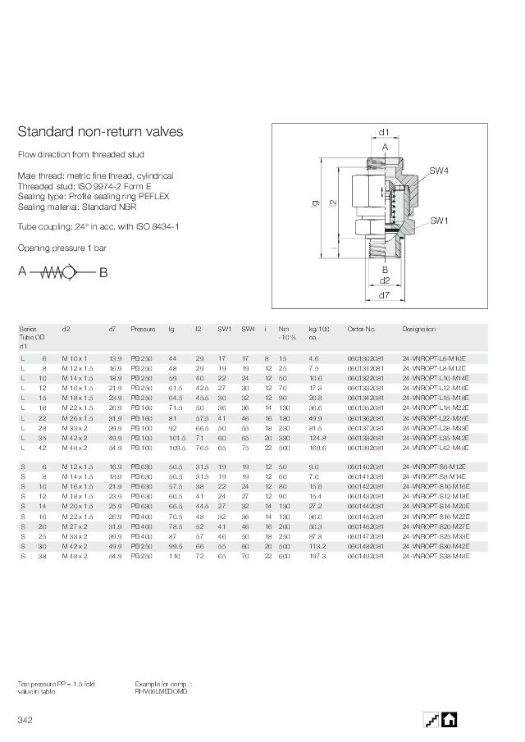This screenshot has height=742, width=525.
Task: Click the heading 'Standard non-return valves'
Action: (100, 132)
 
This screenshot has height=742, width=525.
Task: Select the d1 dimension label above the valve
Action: (384, 131)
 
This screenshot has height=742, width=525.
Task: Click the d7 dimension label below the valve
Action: (384, 294)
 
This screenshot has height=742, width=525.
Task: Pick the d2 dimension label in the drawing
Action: (384, 280)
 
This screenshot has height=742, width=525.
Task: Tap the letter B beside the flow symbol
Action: (103, 273)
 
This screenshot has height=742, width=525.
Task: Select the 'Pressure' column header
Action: (143, 329)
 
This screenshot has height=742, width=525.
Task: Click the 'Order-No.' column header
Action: (361, 329)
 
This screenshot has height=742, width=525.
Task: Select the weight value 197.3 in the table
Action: (317, 555)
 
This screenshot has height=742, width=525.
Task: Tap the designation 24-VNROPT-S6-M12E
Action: (433, 467)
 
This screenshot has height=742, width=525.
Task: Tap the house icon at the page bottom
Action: (449, 718)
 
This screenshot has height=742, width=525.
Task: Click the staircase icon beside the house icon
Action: (431, 718)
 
